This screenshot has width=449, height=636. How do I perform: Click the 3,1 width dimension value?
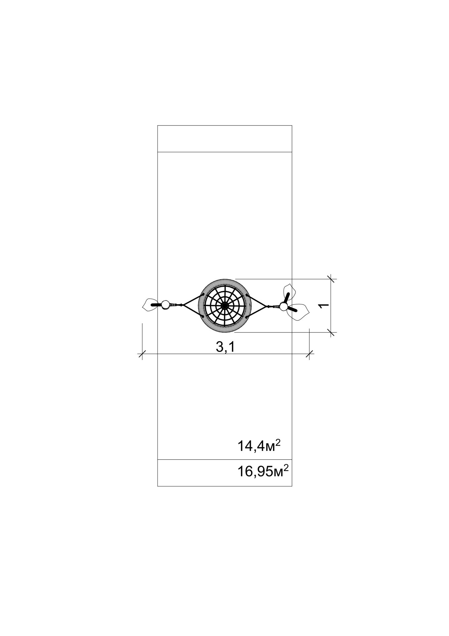point(225,347)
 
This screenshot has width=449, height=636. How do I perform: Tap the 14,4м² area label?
point(259,446)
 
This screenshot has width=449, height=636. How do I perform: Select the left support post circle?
point(165,305)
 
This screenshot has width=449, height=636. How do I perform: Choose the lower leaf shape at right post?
point(299,311)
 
